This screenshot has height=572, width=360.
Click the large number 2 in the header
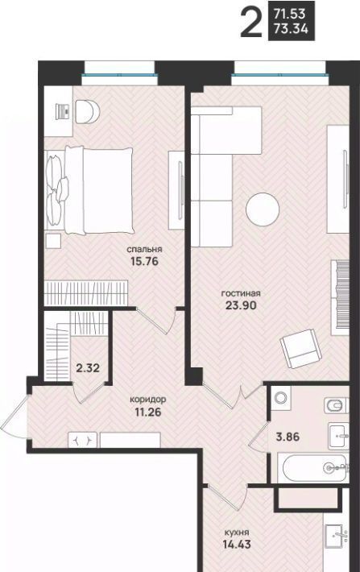tap(251, 23)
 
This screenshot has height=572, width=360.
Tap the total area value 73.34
tap(291, 28)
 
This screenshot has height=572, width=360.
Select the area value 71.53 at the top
tap(290, 15)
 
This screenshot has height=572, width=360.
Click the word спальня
tap(144, 250)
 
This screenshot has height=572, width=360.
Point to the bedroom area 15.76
tap(144, 261)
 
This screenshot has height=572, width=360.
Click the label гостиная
tap(241, 293)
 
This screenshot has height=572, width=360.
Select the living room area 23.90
tap(241, 305)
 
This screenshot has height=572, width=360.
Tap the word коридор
tap(148, 400)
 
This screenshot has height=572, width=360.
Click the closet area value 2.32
tap(88, 367)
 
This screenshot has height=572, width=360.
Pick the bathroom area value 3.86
tap(288, 437)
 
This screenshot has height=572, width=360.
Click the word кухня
tap(237, 533)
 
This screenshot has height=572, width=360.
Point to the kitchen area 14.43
tap(237, 545)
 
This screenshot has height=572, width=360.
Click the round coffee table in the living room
tap(263, 209)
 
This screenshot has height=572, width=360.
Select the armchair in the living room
tap(301, 348)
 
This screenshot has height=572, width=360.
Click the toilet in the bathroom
tap(337, 405)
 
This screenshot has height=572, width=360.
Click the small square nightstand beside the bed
tap(53, 241)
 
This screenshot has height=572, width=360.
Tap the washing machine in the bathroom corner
tap(281, 398)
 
